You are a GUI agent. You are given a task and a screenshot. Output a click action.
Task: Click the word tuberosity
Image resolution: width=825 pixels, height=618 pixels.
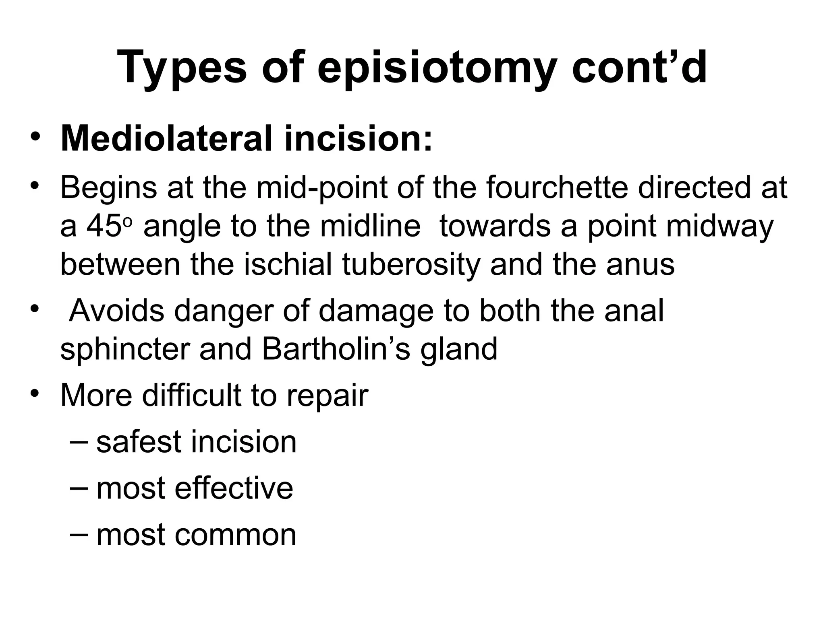click(x=411, y=265)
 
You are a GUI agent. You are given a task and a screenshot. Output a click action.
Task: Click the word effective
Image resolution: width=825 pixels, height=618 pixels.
click(x=234, y=488)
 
